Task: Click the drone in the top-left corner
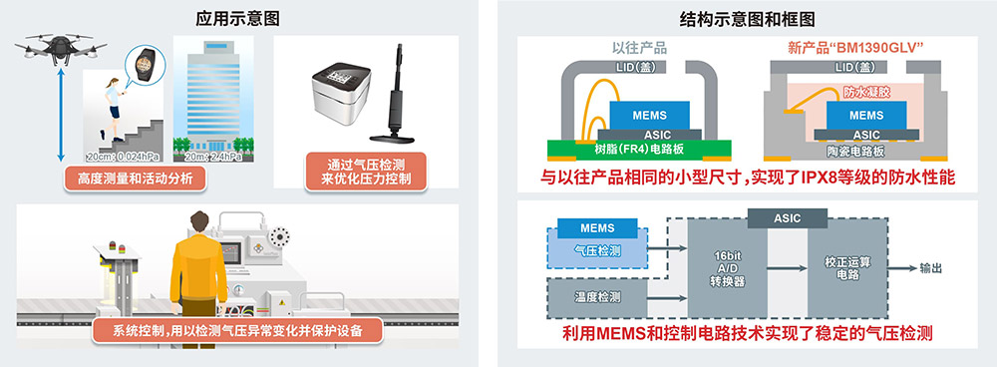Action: [61, 48]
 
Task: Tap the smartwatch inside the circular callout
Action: [145, 63]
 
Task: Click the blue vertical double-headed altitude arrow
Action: [61, 115]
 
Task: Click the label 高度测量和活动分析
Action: [136, 179]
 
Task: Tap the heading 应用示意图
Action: [237, 19]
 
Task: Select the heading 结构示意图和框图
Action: [747, 19]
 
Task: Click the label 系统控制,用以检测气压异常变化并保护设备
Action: [238, 330]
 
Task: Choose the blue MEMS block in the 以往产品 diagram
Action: [649, 115]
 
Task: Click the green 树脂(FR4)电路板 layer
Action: [639, 151]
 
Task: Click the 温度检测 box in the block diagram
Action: [597, 297]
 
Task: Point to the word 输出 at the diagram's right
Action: [929, 268]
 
